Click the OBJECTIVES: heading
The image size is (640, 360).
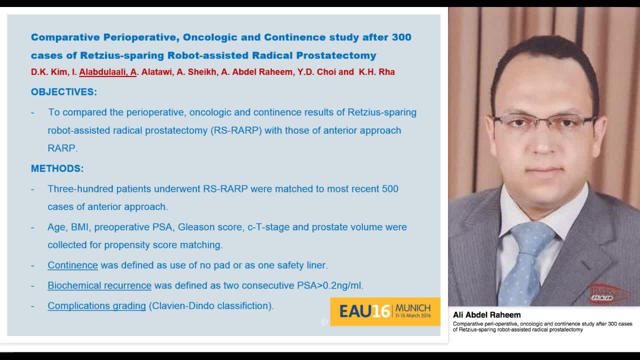click(x=64, y=92)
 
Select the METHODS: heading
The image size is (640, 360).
click(x=57, y=168)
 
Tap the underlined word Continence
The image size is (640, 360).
click(x=72, y=265)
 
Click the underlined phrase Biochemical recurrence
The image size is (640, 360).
click(x=99, y=285)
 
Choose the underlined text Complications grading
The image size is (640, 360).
click(x=96, y=305)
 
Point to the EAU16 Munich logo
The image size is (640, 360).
click(x=384, y=311)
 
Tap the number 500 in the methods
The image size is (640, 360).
click(x=390, y=189)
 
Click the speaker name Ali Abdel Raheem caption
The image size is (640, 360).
click(x=486, y=315)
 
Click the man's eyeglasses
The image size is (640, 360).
click(x=544, y=122)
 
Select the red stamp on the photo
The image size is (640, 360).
click(x=608, y=293)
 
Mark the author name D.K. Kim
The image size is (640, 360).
click(x=48, y=72)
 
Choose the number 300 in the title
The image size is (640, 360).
click(x=400, y=37)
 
